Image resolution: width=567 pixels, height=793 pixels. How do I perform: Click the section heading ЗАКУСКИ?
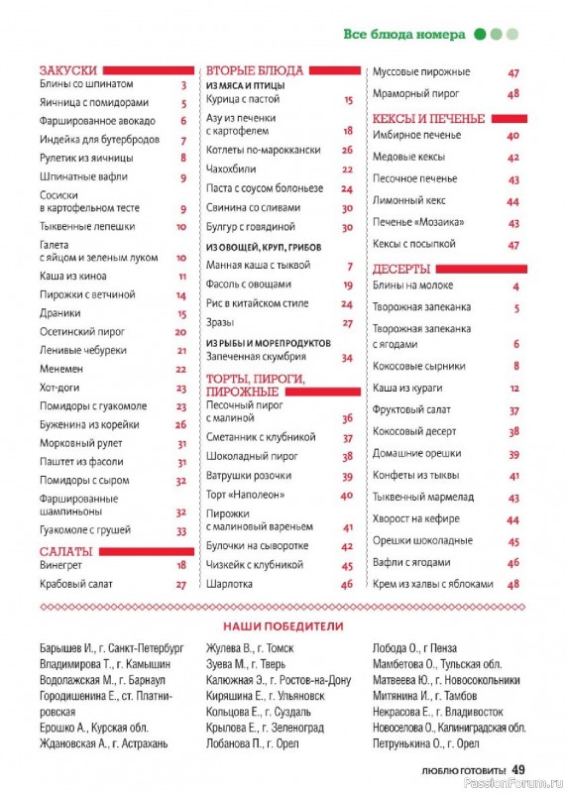coord(68,70)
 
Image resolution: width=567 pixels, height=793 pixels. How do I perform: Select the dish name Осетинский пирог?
coord(72,332)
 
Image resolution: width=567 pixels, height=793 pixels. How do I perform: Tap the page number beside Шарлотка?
coord(347,585)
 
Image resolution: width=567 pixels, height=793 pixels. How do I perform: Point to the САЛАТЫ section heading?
coord(66,550)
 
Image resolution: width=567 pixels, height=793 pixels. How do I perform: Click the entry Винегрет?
coord(61,565)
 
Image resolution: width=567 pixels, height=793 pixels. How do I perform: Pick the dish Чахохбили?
coord(230,170)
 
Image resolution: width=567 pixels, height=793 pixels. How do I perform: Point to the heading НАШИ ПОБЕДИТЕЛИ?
coord(283,626)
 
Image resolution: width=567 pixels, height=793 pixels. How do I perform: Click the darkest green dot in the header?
coord(480,34)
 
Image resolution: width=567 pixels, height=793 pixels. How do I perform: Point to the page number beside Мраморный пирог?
coord(513,94)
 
